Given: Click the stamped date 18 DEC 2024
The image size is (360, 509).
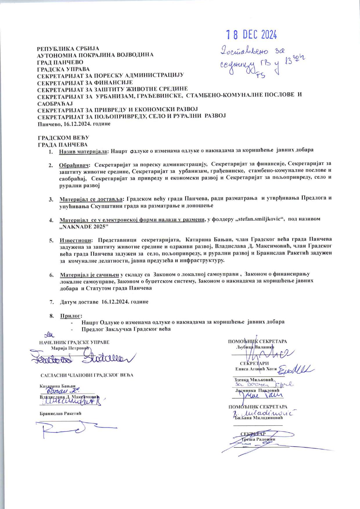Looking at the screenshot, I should [251, 35].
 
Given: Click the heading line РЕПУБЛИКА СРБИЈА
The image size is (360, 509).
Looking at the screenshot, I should [68, 49].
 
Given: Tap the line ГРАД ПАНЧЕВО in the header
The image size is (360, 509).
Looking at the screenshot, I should [60, 62].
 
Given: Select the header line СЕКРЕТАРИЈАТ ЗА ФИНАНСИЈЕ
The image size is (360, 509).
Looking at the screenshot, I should [85, 82].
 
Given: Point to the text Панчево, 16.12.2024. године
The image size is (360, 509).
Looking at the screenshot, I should [74, 124].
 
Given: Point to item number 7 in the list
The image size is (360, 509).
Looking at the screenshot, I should [51, 302].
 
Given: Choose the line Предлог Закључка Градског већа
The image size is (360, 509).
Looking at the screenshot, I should [126, 329].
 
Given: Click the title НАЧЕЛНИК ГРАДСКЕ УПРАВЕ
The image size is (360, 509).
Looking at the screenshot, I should [74, 342].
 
